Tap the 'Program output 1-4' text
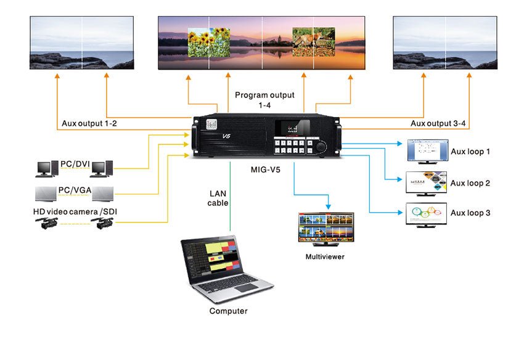coord(265,100)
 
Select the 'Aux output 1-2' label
coord(89,125)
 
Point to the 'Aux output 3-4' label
coord(438,125)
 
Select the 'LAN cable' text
coord(219,198)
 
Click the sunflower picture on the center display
coord(208,42)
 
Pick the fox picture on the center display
coord(313,42)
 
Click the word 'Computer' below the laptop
coord(228,311)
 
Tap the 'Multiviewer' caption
coord(325,256)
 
